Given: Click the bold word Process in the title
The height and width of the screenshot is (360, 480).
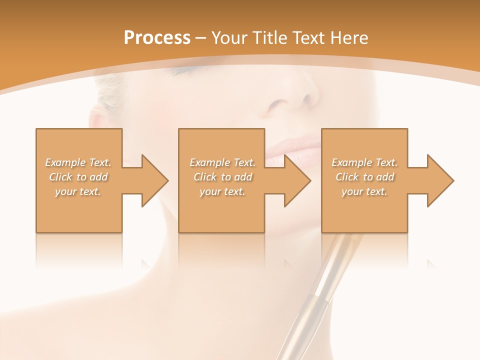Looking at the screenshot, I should [157, 38].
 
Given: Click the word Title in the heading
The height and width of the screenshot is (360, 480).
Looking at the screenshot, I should [268, 38].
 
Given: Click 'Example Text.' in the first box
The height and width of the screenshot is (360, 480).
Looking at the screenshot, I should [78, 162].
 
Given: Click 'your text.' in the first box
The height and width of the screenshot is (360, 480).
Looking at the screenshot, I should [78, 191].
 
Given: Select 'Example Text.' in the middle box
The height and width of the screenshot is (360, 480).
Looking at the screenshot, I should [222, 162].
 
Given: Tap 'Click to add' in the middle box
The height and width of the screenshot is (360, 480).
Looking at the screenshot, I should [222, 177].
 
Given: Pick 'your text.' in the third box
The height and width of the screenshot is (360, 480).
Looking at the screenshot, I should [364, 191].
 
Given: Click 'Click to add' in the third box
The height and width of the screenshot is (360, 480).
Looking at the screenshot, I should [364, 177].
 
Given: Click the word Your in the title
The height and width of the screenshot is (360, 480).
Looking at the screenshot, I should [229, 38].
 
